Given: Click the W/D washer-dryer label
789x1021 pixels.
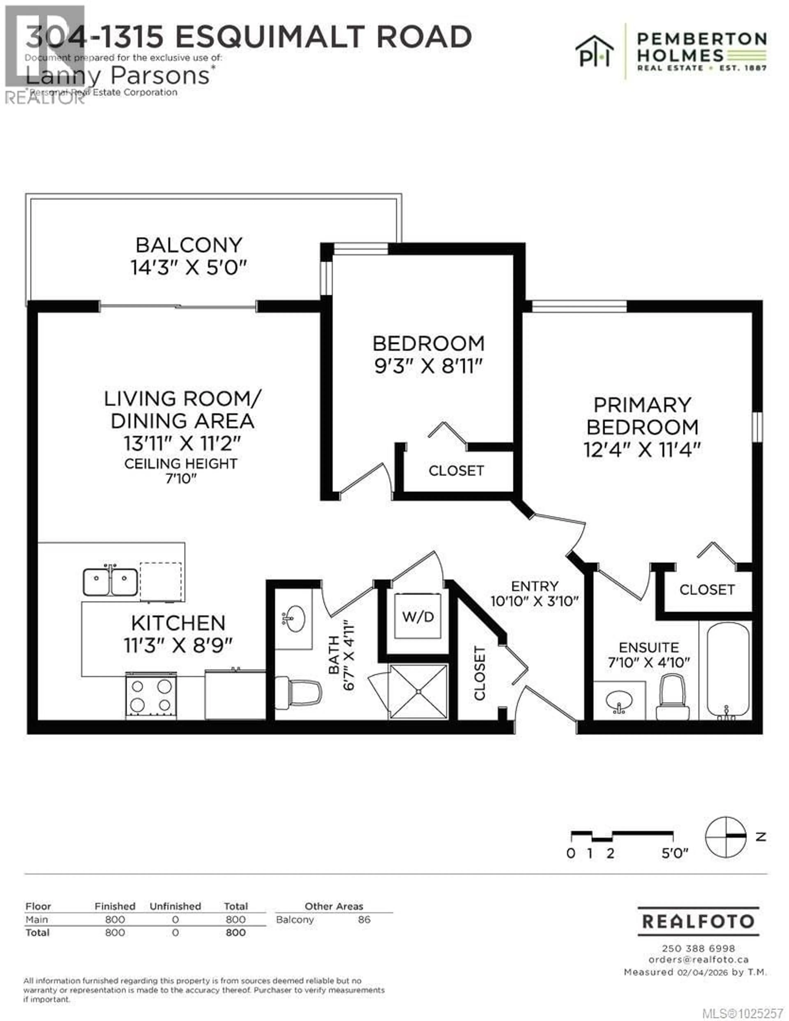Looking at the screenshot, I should pyautogui.click(x=418, y=617).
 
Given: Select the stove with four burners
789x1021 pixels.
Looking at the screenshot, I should pyautogui.click(x=151, y=696).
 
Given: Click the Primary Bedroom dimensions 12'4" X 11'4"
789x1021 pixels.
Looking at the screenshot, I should pyautogui.click(x=642, y=450).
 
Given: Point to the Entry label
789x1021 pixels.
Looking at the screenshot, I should pyautogui.click(x=534, y=586).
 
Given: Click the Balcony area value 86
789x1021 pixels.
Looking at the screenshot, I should pyautogui.click(x=364, y=919).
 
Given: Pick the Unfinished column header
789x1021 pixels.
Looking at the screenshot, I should pyautogui.click(x=175, y=906).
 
